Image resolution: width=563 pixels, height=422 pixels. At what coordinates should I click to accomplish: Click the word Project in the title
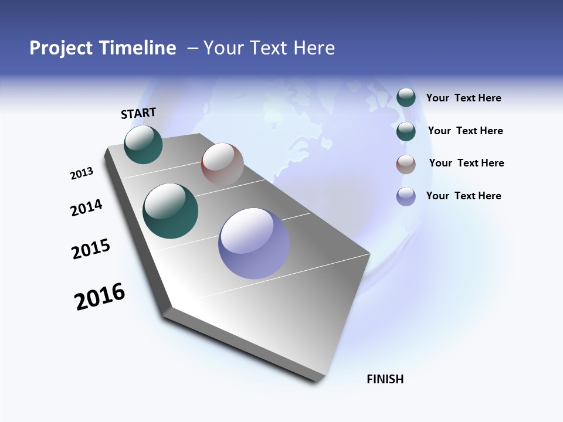pyautogui.click(x=62, y=48)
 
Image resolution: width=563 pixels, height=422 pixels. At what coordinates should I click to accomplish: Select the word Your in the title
pyautogui.click(x=223, y=48)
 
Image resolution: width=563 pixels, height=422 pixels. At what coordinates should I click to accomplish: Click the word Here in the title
pyautogui.click(x=314, y=48)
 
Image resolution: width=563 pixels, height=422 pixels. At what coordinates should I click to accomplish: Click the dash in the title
pyautogui.click(x=192, y=49)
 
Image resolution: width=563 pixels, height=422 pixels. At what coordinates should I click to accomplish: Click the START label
pyautogui.click(x=138, y=113)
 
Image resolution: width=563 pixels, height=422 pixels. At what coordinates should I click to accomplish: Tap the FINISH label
pyautogui.click(x=385, y=379)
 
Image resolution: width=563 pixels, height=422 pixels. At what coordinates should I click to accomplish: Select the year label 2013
pyautogui.click(x=82, y=173)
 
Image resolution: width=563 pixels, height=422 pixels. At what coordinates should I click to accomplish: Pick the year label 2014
pyautogui.click(x=86, y=207)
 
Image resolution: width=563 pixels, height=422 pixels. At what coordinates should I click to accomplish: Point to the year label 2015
pyautogui.click(x=91, y=249)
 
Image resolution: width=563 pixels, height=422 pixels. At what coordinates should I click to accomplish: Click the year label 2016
pyautogui.click(x=100, y=296)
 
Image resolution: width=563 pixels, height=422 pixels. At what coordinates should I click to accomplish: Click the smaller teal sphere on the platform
pyautogui.click(x=143, y=144)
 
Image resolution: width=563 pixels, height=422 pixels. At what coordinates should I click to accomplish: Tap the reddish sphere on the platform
pyautogui.click(x=222, y=164)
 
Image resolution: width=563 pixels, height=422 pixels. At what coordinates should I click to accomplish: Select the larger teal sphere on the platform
pyautogui.click(x=170, y=211)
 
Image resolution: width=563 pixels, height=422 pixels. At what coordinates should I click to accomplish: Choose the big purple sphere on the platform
pyautogui.click(x=254, y=243)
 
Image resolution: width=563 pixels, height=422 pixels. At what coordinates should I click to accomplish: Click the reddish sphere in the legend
pyautogui.click(x=406, y=164)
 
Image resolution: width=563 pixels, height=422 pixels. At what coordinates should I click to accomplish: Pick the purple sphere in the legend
pyautogui.click(x=406, y=196)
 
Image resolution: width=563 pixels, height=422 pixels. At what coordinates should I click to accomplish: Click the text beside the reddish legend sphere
pyautogui.click(x=466, y=163)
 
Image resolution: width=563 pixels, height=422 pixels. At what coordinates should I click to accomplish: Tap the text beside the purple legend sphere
pyautogui.click(x=463, y=196)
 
